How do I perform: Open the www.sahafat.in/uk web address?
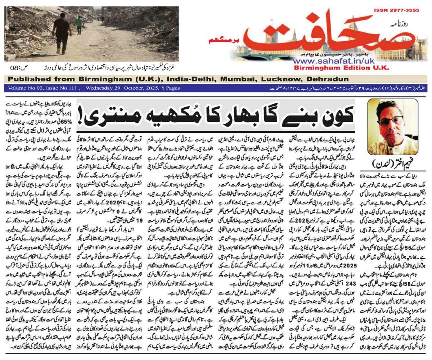pyautogui.click(x=333, y=61)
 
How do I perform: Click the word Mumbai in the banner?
pyautogui.click(x=239, y=79)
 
